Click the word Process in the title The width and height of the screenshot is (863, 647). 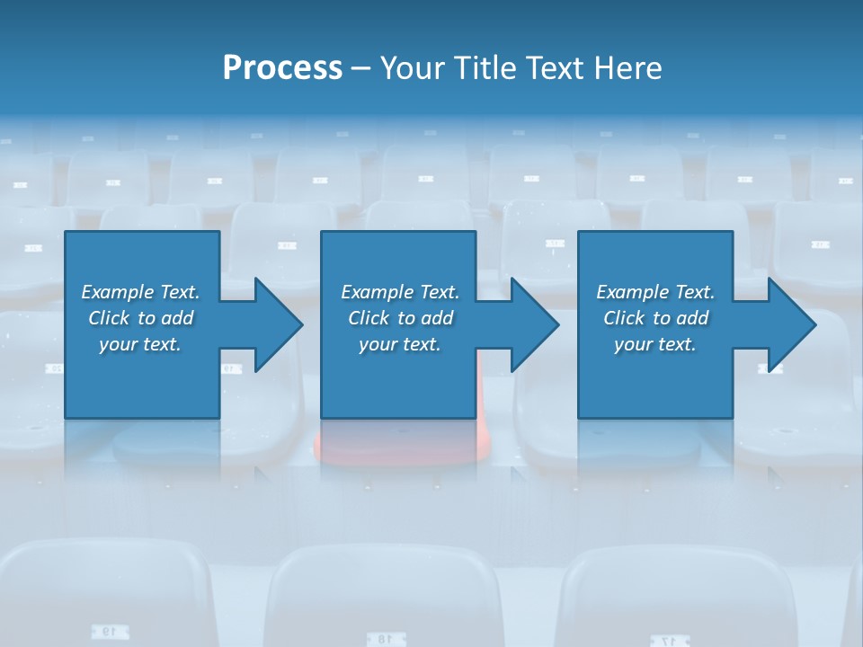click(x=282, y=68)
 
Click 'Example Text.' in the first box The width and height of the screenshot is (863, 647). click(x=140, y=292)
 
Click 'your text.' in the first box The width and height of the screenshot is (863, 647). click(x=140, y=344)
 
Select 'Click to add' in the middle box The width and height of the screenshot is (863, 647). click(x=400, y=318)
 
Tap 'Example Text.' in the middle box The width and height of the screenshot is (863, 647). click(x=400, y=292)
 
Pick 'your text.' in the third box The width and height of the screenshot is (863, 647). click(x=655, y=344)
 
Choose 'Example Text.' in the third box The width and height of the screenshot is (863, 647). click(x=655, y=292)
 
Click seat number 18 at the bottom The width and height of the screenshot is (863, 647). click(x=383, y=638)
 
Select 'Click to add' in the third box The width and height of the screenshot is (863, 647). click(x=655, y=318)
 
